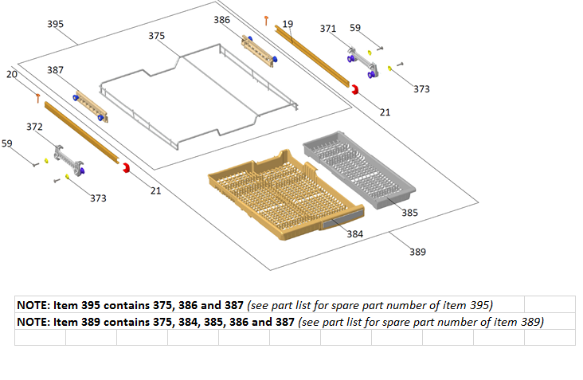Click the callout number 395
pos(56,24)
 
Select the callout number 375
pos(157,36)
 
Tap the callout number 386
pos(221,20)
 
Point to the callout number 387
pos(56,70)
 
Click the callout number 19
pos(288,24)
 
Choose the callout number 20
pos(12,74)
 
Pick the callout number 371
pos(328,29)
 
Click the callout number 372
pos(34,127)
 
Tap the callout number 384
pos(355,234)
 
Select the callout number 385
pos(409,213)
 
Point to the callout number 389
pos(418,252)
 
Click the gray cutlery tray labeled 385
pos(359,170)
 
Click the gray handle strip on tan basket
pos(342,218)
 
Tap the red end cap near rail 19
pos(355,89)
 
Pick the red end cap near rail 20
pos(127,168)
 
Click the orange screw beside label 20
pos(38,99)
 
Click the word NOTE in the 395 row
pos(33,306)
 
